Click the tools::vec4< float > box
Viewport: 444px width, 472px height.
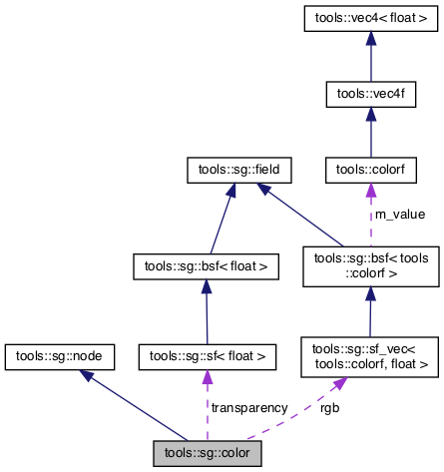tap(371, 18)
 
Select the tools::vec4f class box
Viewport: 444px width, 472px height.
tap(371, 94)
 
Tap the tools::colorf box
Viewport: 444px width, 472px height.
tap(371, 171)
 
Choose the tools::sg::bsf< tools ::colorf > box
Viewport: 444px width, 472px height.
tap(371, 265)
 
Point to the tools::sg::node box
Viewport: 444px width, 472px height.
tap(60, 354)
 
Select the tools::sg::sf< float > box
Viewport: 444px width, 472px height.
tap(207, 354)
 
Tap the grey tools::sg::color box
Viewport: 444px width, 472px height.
tap(207, 453)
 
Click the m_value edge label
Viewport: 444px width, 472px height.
tap(398, 214)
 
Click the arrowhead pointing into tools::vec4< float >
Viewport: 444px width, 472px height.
tap(371, 37)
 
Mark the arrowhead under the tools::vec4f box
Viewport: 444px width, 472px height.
tap(371, 113)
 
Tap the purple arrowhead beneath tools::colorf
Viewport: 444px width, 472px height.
tap(371, 191)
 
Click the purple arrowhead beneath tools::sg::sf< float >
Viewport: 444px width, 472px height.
tap(208, 375)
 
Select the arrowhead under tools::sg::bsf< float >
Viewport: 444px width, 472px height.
tap(205, 286)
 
